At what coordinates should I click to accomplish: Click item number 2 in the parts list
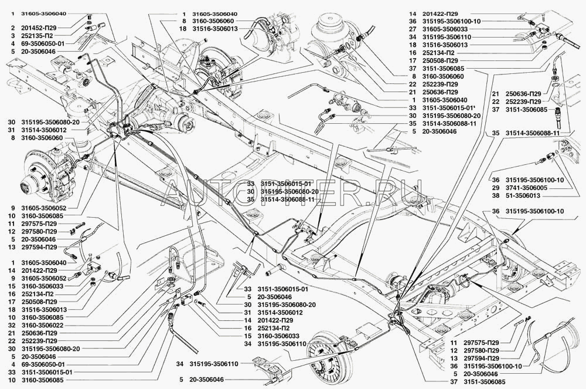click(x=12, y=28)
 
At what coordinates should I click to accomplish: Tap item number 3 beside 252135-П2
click(x=12, y=35)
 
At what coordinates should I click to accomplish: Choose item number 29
click(x=495, y=187)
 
